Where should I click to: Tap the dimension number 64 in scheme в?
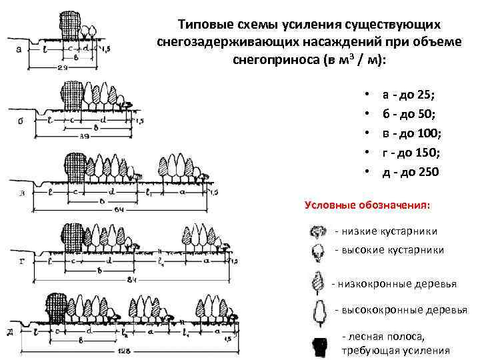(x=119, y=210)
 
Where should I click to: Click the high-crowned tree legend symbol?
(x=318, y=311)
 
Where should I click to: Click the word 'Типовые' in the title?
(x=203, y=25)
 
